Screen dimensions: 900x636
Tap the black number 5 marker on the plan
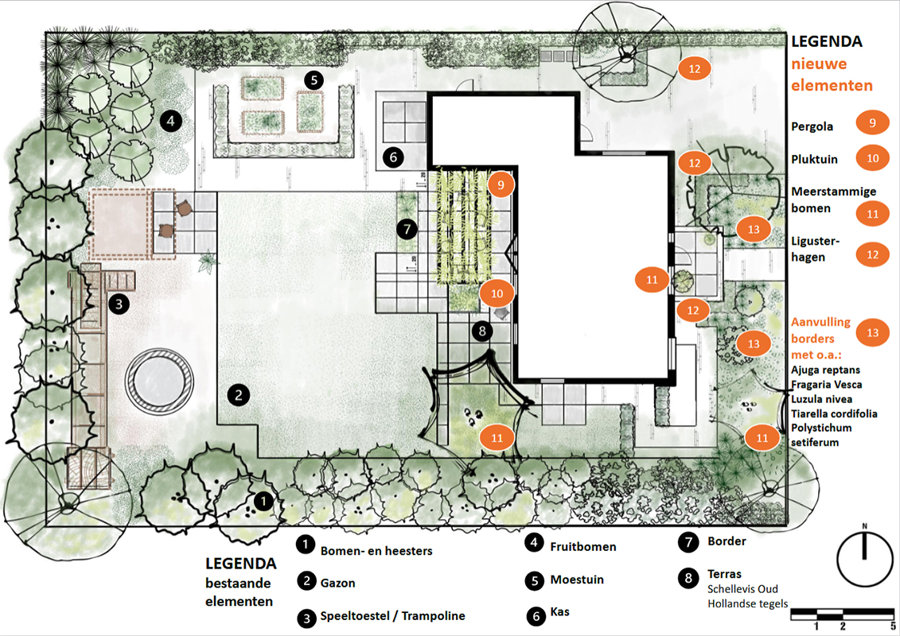tap(314, 79)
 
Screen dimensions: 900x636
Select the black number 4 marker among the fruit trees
tap(170, 120)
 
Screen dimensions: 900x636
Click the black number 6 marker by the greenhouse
tap(393, 157)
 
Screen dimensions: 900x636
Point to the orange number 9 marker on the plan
tap(501, 184)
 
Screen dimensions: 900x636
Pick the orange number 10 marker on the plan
tap(497, 293)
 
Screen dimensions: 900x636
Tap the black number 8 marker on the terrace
tap(482, 331)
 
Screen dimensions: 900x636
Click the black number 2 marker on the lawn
tap(239, 394)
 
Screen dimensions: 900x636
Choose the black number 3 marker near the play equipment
tap(119, 304)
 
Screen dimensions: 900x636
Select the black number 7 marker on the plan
tap(407, 230)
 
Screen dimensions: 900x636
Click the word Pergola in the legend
tap(812, 126)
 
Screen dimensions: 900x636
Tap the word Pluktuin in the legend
tap(815, 160)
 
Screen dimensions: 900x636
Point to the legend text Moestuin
tap(577, 580)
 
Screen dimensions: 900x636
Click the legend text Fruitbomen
tap(583, 546)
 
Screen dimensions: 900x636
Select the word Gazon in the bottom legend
tap(337, 583)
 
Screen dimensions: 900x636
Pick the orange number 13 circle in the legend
tap(872, 332)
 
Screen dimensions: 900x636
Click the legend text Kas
tap(559, 611)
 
